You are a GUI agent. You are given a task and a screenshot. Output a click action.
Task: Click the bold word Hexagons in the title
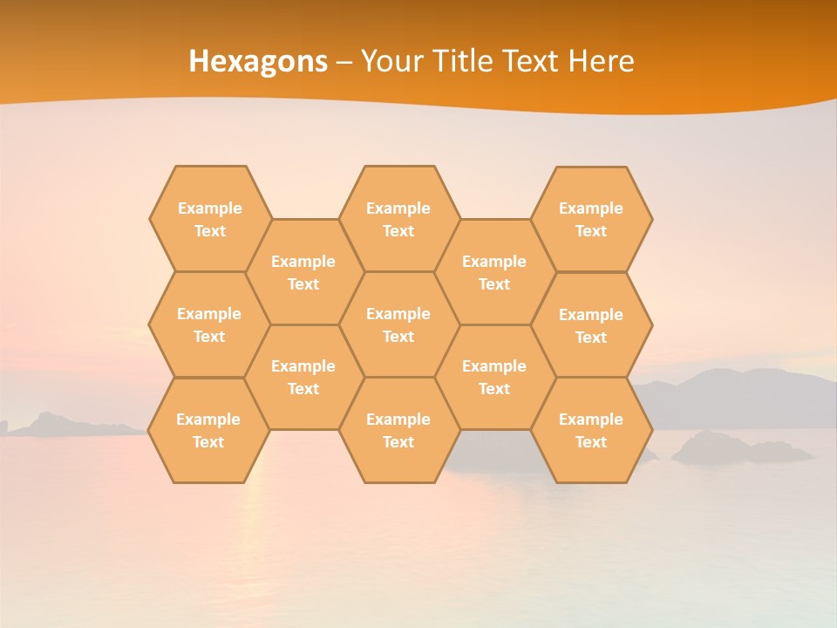tap(258, 61)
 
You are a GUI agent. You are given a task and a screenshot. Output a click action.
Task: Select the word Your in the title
tap(390, 61)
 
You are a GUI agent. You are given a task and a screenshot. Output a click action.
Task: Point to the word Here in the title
tap(602, 61)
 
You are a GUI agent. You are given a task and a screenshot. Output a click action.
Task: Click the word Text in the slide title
tap(532, 61)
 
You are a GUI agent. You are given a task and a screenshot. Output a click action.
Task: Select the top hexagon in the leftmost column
tap(209, 219)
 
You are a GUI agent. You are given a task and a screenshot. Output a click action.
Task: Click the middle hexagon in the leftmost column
tap(209, 324)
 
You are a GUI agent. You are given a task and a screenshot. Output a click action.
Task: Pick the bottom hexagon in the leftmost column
tap(208, 430)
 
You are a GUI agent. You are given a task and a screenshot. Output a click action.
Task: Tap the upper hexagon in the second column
tap(303, 272)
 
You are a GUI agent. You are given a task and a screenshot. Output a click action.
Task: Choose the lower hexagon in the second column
tap(303, 377)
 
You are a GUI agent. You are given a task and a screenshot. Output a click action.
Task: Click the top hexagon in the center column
tap(398, 219)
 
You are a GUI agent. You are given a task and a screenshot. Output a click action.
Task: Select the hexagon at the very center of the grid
tap(398, 324)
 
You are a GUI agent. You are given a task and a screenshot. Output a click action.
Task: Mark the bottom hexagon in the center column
tap(398, 430)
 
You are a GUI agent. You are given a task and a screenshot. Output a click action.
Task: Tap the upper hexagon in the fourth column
tap(494, 272)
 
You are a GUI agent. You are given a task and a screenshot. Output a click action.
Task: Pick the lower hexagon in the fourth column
tap(494, 377)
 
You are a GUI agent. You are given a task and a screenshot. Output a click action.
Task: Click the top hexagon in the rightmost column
tap(591, 219)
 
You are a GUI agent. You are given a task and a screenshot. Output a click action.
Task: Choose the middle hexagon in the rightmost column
tap(591, 325)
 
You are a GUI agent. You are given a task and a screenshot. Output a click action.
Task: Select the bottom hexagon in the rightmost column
tap(591, 430)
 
